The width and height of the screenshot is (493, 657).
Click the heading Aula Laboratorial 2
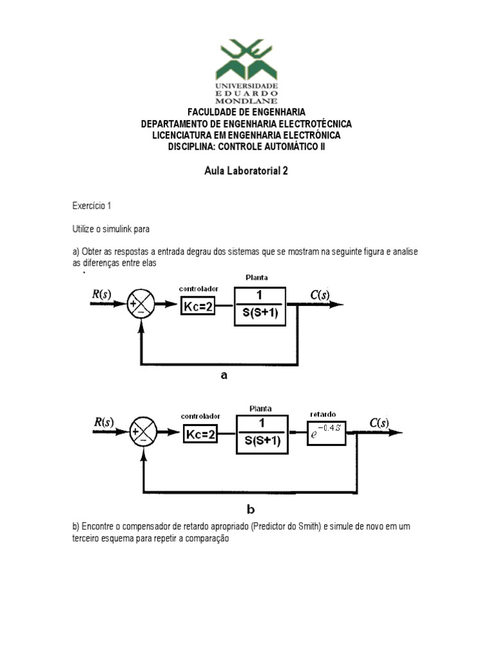coord(246,172)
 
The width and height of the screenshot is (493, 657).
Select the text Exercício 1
coord(92,206)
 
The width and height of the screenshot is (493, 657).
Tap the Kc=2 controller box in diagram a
coord(198,306)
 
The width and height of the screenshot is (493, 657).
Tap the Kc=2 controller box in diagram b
coord(201,435)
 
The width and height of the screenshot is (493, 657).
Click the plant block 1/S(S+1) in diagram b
coord(261,435)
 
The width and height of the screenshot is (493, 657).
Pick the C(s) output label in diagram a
coord(320,295)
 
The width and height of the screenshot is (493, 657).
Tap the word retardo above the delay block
coord(322,414)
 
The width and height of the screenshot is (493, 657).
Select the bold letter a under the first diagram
coord(224,377)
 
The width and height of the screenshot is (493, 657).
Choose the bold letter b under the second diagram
coord(250,510)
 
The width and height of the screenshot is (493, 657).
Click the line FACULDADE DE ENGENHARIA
coord(246,112)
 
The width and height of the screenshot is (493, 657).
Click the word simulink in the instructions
coord(122,228)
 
